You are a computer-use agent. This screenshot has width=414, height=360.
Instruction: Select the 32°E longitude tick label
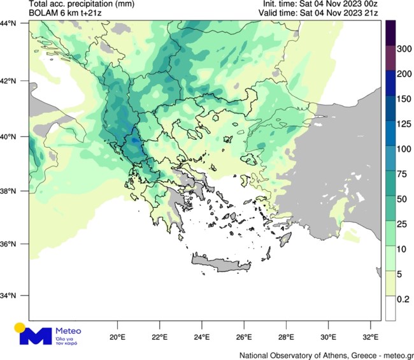[371, 336]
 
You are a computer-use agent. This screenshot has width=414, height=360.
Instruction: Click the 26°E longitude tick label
[244, 336]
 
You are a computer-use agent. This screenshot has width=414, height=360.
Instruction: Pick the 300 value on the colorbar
[404, 48]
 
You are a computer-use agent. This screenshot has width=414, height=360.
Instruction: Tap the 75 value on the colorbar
[404, 173]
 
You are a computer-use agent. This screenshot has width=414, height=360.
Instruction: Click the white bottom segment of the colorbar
[391, 308]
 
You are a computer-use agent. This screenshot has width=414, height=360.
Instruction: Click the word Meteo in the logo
[69, 331]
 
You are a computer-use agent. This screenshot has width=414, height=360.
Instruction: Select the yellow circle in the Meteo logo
[20, 328]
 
